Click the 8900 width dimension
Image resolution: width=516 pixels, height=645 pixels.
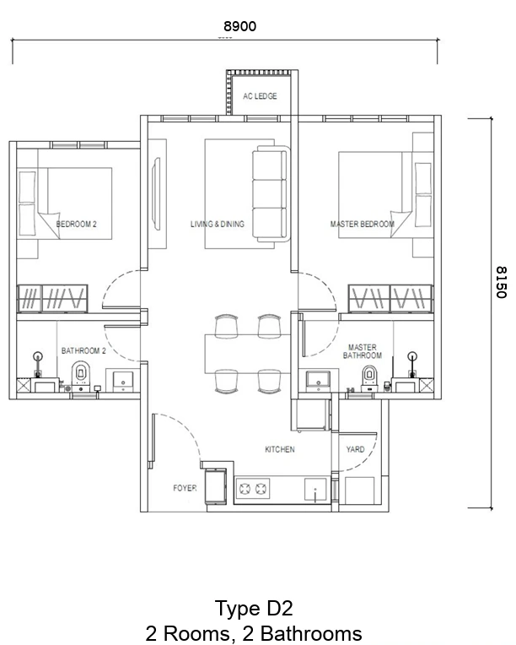[x=240, y=26]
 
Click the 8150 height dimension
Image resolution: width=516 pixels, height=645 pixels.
[x=501, y=282]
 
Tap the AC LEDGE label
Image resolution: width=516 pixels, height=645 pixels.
[x=260, y=96]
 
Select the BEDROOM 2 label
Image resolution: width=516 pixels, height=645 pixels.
[x=77, y=225]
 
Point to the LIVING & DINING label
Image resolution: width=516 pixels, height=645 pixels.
[x=218, y=225]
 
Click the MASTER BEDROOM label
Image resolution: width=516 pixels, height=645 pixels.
[x=363, y=225]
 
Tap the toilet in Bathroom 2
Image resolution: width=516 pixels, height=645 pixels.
[x=81, y=376]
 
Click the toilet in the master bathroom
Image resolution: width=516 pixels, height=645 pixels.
[x=369, y=378]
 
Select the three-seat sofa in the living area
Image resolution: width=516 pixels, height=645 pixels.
[x=271, y=193]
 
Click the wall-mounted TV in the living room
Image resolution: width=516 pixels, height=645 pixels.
[x=156, y=193]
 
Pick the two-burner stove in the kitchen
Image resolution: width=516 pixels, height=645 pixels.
[x=252, y=489]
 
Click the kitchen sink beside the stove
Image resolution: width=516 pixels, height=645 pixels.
[x=315, y=490]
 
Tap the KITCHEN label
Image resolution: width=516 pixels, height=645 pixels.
[x=280, y=450]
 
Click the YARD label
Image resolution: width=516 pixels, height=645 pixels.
[x=355, y=450]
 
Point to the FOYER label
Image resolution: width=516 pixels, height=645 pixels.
[x=185, y=488]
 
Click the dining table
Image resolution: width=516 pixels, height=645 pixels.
[x=248, y=354]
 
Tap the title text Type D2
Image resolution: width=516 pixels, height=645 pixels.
[x=254, y=609]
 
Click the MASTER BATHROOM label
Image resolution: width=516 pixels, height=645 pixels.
[x=363, y=352]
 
